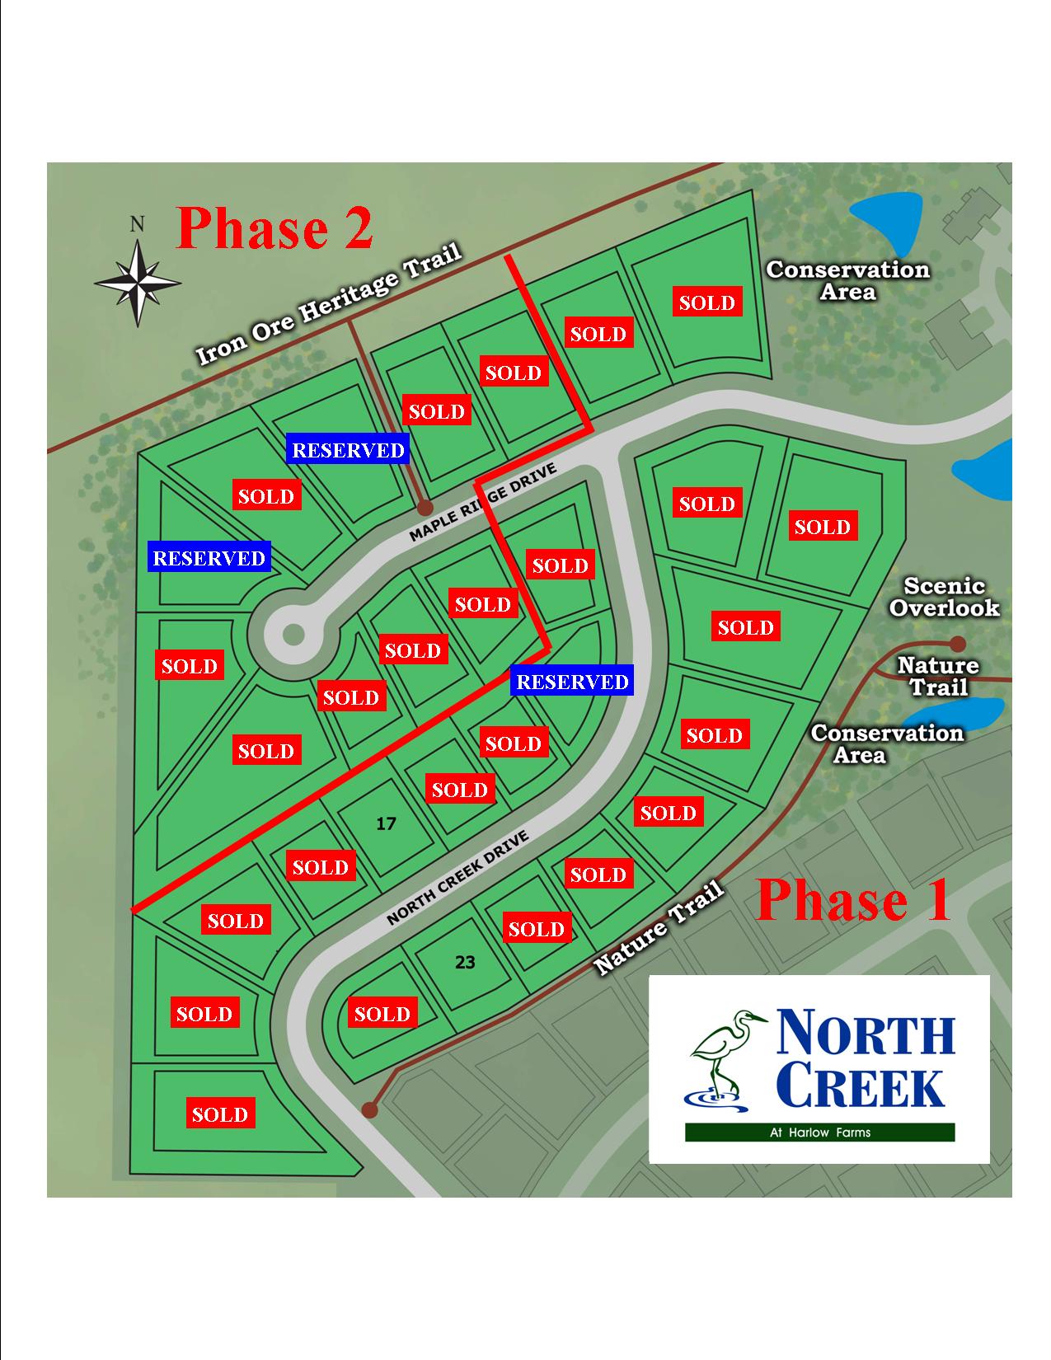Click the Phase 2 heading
coord(274,229)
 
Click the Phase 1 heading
coord(853,900)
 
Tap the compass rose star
coord(138,282)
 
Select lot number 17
coord(386,823)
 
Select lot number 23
coord(464,962)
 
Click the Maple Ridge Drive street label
coord(482,503)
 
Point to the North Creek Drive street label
coord(457,878)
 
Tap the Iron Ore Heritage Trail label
coord(329,303)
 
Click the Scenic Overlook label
coord(945,597)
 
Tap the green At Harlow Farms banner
coord(819,1133)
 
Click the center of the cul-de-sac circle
coord(293,635)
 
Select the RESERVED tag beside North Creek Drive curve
coord(572,681)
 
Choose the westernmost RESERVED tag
coord(209,557)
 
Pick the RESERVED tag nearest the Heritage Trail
coord(348,448)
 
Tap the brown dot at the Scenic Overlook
coord(957,644)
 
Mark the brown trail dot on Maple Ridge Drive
coord(425,507)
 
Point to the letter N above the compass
coord(137,224)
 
